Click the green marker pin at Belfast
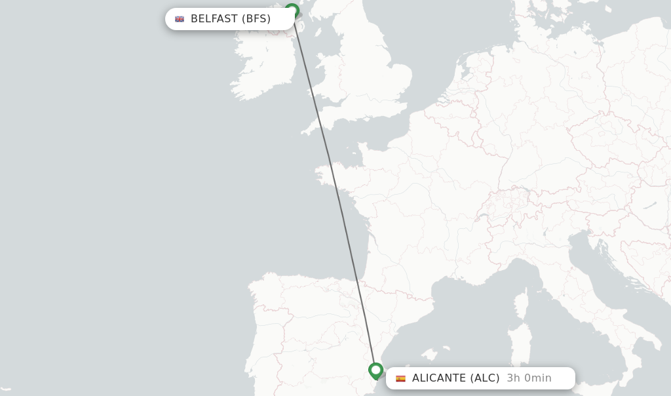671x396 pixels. coord(292,11)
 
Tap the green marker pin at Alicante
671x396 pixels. coord(375,370)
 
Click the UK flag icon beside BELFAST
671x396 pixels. coord(180,19)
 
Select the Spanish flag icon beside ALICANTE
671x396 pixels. coord(400,378)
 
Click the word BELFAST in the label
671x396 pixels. coord(214,19)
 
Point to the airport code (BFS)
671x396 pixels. coord(256,19)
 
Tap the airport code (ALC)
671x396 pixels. coord(485,378)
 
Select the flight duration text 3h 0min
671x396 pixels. coord(529,378)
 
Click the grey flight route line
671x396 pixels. coord(334,190)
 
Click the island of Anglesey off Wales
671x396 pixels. coord(316,68)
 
